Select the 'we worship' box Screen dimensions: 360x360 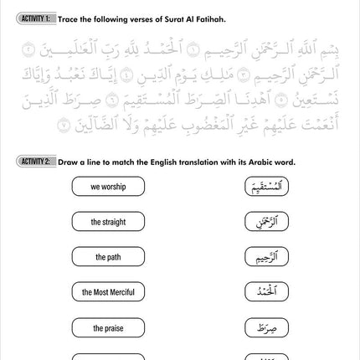coord(108,187)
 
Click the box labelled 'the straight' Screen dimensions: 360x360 coord(108,222)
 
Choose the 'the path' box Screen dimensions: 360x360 coord(108,257)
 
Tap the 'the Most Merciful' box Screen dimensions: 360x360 coord(108,292)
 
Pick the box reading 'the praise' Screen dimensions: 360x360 coord(108,327)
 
